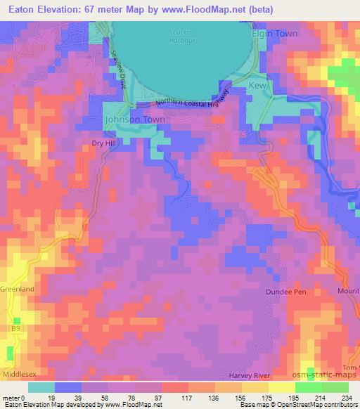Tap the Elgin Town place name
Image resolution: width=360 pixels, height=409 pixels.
275,33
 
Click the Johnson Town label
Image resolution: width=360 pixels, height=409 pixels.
134,119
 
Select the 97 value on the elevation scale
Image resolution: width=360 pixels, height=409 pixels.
158,398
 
